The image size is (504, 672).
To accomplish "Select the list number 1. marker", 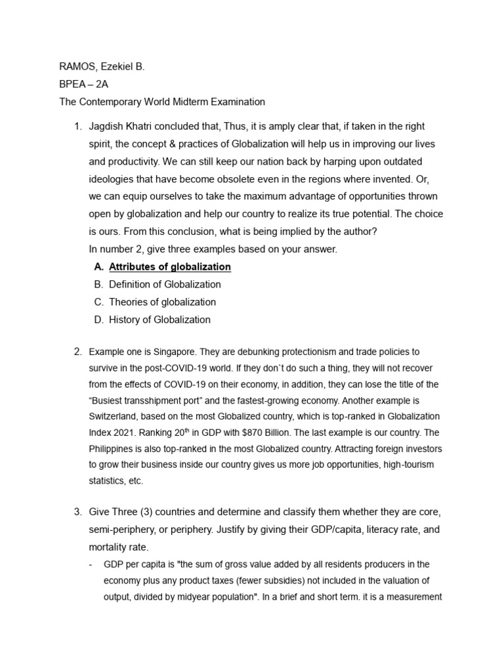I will pyautogui.click(x=77, y=126).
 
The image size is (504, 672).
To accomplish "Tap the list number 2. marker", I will pyautogui.click(x=77, y=352).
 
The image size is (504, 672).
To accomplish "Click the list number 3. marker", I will pyautogui.click(x=77, y=512).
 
